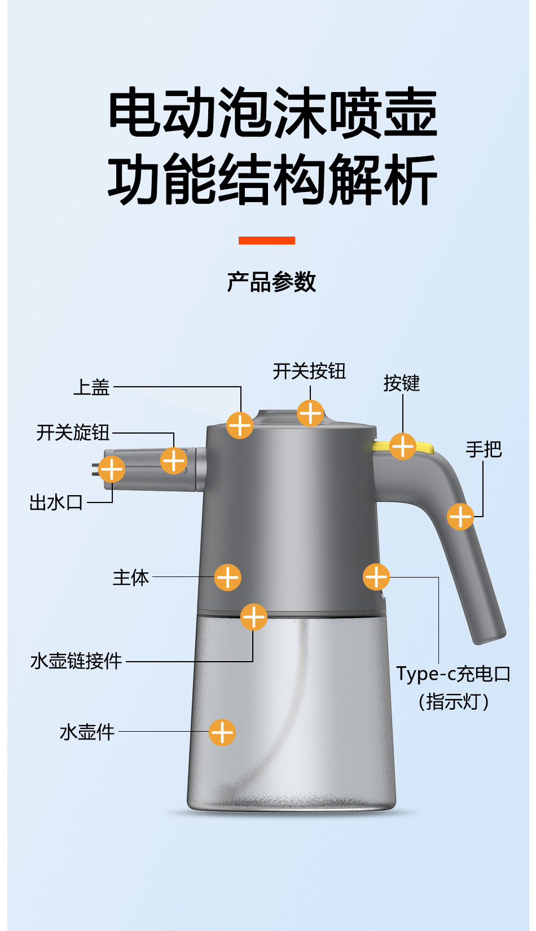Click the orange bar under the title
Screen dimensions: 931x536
(x=266, y=241)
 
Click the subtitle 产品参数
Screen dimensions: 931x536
(x=271, y=282)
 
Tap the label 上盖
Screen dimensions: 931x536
(x=91, y=387)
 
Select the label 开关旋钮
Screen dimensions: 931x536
(x=73, y=432)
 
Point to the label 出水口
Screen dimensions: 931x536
(x=56, y=502)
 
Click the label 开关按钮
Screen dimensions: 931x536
(x=309, y=371)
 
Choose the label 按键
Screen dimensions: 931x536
(x=402, y=383)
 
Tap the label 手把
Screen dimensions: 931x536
(x=484, y=449)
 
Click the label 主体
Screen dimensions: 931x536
(x=131, y=578)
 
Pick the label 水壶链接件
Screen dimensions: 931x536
(x=76, y=661)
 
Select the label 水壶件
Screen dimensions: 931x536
(x=87, y=732)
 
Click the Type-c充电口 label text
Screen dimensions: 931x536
(x=453, y=674)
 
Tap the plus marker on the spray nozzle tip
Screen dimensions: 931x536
(x=112, y=469)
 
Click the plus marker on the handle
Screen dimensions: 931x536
(x=460, y=516)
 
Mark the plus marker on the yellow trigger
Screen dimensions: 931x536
(x=403, y=446)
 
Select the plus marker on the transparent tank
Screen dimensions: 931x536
(x=222, y=732)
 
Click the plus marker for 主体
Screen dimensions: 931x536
(x=228, y=577)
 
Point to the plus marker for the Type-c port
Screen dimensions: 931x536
(x=376, y=577)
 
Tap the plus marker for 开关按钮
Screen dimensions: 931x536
(x=310, y=413)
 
